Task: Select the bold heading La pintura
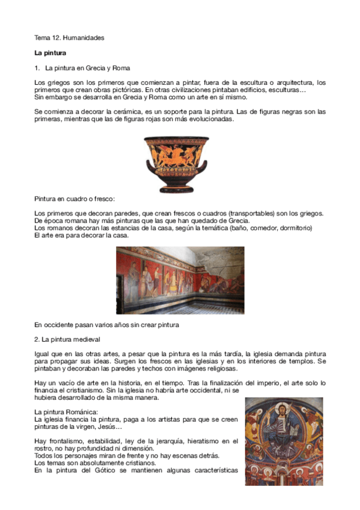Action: point(50,53)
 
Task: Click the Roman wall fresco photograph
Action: point(180,280)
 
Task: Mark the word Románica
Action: point(79,411)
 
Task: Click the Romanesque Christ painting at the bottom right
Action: point(284,435)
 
